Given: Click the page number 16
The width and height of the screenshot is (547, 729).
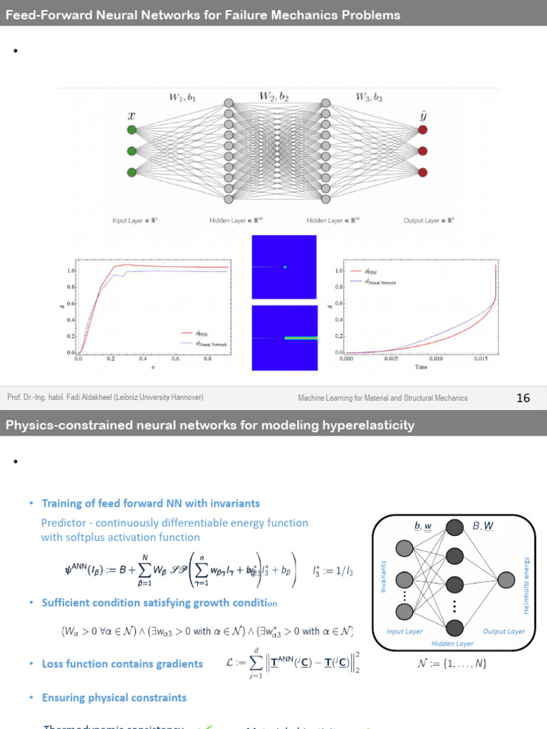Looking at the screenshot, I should pyautogui.click(x=523, y=398).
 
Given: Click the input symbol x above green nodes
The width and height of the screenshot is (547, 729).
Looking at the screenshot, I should pyautogui.click(x=131, y=115).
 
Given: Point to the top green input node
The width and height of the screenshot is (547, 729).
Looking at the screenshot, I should pyautogui.click(x=131, y=130).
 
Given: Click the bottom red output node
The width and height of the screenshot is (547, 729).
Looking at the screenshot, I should pyautogui.click(x=423, y=172).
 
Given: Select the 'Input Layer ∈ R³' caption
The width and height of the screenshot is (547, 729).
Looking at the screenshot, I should pyautogui.click(x=139, y=221).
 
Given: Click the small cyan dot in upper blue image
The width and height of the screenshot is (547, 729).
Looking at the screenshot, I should pyautogui.click(x=285, y=267).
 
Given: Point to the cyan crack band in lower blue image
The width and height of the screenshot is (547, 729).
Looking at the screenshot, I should pyautogui.click(x=299, y=338).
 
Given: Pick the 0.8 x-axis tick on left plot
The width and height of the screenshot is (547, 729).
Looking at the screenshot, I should pyautogui.click(x=207, y=360).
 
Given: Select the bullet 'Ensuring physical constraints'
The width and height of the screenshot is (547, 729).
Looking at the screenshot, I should pyautogui.click(x=114, y=698).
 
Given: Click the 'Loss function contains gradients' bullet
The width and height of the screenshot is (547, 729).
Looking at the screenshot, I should pyautogui.click(x=122, y=664).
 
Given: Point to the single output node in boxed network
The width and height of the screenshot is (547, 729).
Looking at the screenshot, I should pyautogui.click(x=506, y=579).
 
